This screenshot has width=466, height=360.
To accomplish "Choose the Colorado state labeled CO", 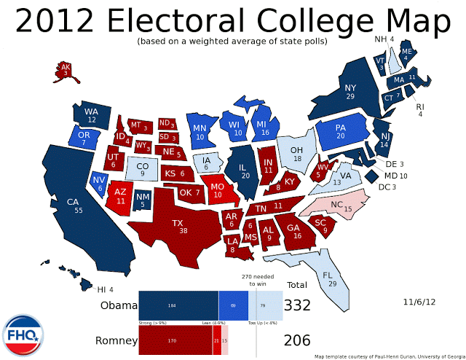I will (x=142, y=170).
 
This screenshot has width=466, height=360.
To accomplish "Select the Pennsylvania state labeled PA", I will (x=340, y=131).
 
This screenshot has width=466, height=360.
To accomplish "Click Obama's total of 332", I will (x=297, y=306).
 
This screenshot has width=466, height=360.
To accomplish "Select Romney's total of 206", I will (x=297, y=340).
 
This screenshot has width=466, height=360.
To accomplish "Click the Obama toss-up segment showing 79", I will (x=263, y=305).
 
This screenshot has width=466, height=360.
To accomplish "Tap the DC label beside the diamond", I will (x=384, y=187).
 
